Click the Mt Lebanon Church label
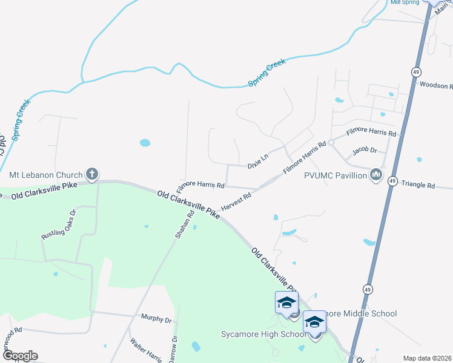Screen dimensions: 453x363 point(46,175)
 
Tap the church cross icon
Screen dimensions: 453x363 point(92,175)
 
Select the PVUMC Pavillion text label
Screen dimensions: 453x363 point(335,175)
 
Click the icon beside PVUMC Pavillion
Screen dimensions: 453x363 point(376,175)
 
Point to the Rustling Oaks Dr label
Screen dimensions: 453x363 point(58,224)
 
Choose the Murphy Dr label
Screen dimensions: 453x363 point(156,318)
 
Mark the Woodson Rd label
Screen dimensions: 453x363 point(435,86)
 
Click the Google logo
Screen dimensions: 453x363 point(19,356)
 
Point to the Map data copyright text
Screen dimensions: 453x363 point(427,358)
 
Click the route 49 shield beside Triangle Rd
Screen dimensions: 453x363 point(392,181)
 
